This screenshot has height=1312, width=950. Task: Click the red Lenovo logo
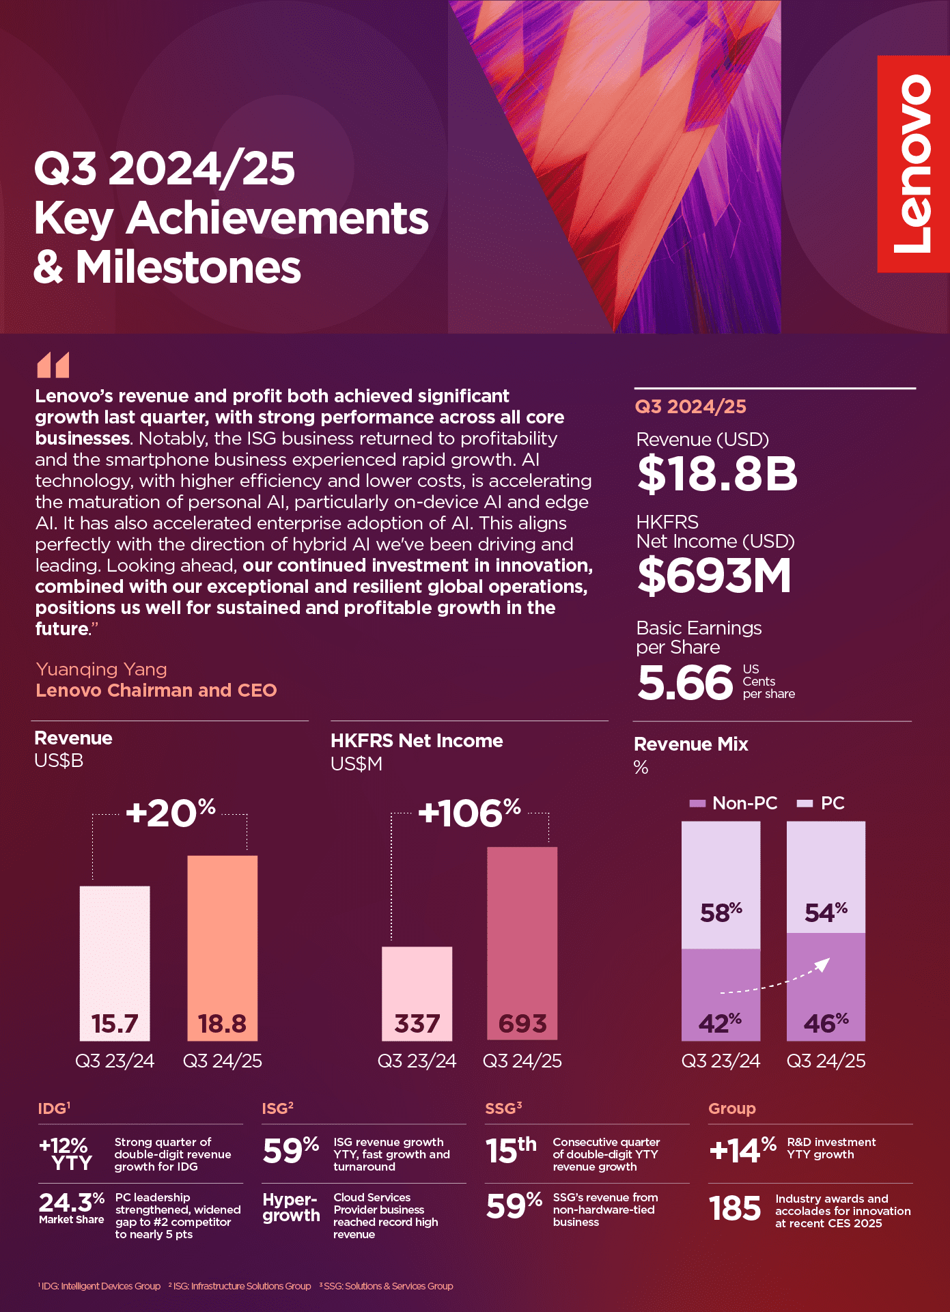[913, 164]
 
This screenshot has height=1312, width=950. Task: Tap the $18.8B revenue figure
[717, 474]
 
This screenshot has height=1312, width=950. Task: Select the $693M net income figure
[714, 575]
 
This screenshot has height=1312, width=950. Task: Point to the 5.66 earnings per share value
[685, 682]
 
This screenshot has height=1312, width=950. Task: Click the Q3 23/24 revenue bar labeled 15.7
[115, 963]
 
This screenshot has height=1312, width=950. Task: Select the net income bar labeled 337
[417, 993]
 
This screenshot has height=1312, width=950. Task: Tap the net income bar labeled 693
[522, 943]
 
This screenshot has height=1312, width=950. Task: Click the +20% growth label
[171, 813]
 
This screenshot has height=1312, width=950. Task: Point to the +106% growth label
[470, 813]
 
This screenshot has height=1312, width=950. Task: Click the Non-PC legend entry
[734, 803]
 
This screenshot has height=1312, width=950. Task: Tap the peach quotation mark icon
[53, 365]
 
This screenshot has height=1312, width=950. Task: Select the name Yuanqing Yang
[101, 669]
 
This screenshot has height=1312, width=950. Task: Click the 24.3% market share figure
[71, 1203]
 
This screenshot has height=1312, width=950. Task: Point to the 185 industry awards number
[735, 1209]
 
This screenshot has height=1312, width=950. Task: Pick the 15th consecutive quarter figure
[511, 1151]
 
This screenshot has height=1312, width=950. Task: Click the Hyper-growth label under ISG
[291, 1208]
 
